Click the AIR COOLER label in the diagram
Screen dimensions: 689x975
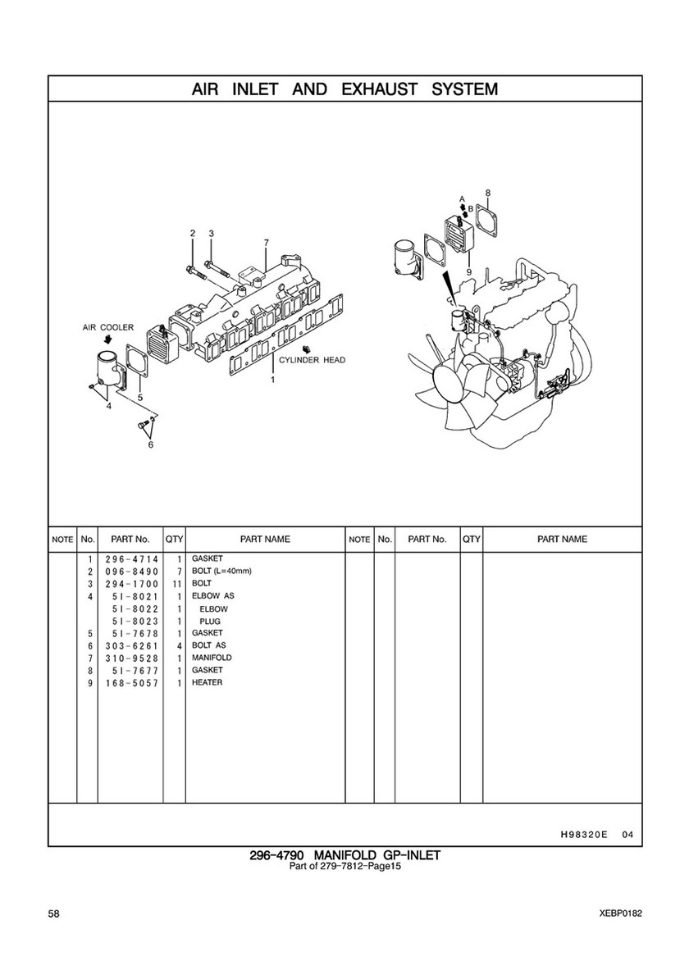point(108,328)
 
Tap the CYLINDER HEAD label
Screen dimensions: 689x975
point(312,360)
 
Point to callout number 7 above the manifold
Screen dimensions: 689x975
point(266,242)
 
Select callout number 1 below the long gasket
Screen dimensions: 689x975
point(272,380)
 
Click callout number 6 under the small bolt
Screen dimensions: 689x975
point(150,444)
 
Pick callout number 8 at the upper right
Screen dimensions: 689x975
point(487,193)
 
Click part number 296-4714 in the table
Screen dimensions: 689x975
point(132,559)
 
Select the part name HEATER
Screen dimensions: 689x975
point(207,682)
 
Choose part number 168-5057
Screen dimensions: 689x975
point(132,683)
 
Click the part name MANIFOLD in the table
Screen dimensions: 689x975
point(212,658)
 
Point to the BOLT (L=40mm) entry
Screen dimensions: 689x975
point(221,571)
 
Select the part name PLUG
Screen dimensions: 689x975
point(209,622)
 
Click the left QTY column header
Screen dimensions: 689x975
point(174,539)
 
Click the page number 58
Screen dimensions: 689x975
point(53,913)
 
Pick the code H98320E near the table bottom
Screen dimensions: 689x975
point(580,835)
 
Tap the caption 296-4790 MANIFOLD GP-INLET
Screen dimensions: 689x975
point(345,855)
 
